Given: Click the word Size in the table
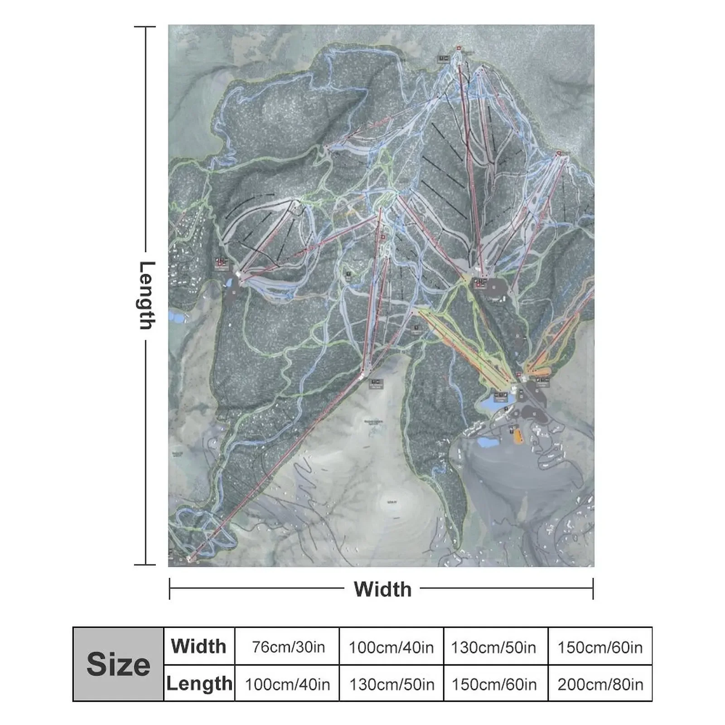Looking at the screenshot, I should tap(118, 664).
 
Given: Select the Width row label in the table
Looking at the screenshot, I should tap(198, 646).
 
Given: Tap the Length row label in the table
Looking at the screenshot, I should tap(199, 683).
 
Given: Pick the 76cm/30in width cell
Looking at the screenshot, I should tap(288, 647).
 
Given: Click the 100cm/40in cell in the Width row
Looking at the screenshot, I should tap(391, 647).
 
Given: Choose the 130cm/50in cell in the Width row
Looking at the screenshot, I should tap(493, 647).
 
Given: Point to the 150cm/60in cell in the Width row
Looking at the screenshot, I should tap(600, 647).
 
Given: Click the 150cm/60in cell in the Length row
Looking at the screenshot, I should tap(494, 684).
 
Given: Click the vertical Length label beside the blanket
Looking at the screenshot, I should tap(146, 295).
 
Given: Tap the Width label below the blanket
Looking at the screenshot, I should tap(382, 589).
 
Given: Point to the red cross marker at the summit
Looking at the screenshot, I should tap(458, 48).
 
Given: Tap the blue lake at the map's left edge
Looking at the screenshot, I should tap(177, 316).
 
